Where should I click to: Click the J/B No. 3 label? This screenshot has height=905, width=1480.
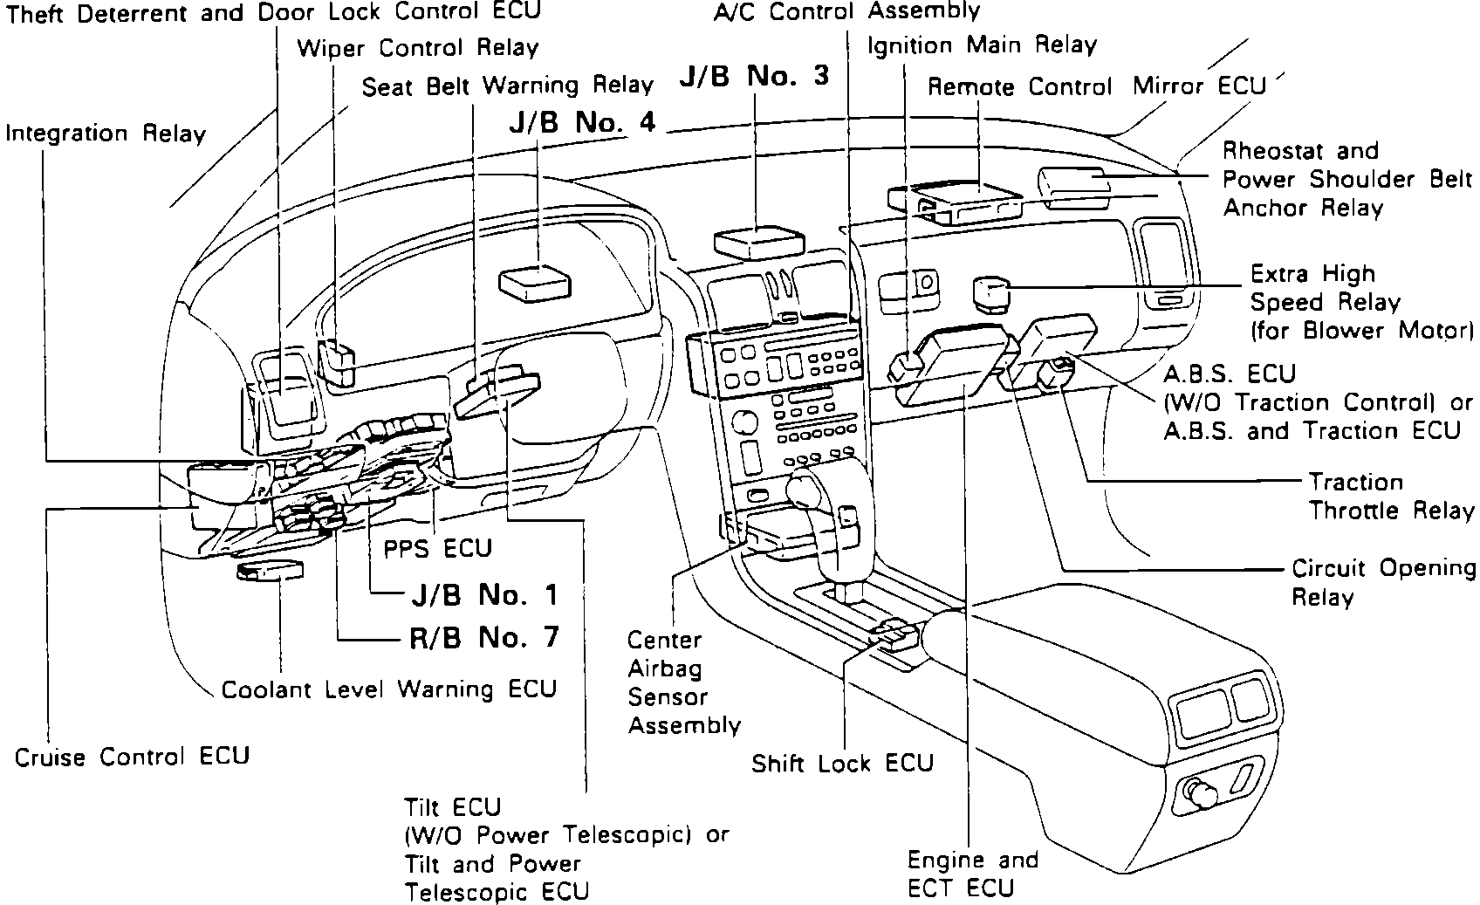coord(754,77)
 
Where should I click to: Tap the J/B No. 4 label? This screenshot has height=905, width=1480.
coord(582,122)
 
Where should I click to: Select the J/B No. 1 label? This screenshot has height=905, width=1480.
coord(483,595)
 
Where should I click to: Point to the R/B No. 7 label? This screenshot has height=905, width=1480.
coord(483,637)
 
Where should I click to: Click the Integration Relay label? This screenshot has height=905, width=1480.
coord(106,134)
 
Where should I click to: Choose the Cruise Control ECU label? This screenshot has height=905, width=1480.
coord(132,756)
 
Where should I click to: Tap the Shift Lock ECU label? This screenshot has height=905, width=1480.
coord(842,764)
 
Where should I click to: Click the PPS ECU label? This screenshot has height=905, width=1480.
coord(438,548)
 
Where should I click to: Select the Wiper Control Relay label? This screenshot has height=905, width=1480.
coord(417,47)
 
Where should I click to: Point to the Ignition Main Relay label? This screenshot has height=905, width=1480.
coord(981,45)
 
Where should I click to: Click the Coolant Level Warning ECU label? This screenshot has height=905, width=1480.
coord(389,689)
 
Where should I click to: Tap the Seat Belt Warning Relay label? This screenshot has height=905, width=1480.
coord(507,86)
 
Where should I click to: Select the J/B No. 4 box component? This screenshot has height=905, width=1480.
coord(534,283)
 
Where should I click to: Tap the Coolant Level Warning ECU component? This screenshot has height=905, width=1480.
coord(270,572)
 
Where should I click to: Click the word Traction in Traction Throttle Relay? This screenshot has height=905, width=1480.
coord(1355,482)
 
